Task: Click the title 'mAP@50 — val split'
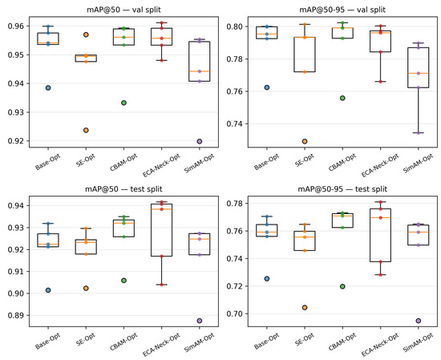coord(123,10)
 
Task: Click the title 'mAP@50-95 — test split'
coord(342,189)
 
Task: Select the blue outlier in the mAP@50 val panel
coord(48,87)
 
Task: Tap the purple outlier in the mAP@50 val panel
coord(200,141)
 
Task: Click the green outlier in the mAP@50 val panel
coord(123,103)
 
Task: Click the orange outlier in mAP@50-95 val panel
coord(305,141)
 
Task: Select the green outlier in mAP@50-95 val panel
coord(342,98)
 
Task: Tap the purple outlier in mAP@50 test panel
coord(200,321)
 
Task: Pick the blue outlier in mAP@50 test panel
coord(48,290)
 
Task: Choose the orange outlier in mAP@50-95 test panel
coord(305,307)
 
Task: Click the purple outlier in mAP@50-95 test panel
coord(419,321)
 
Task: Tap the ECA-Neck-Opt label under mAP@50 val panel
coord(161,166)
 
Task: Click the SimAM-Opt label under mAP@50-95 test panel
coord(419,342)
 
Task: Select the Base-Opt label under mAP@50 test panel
coord(48,341)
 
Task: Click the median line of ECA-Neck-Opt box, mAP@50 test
coord(162,209)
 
